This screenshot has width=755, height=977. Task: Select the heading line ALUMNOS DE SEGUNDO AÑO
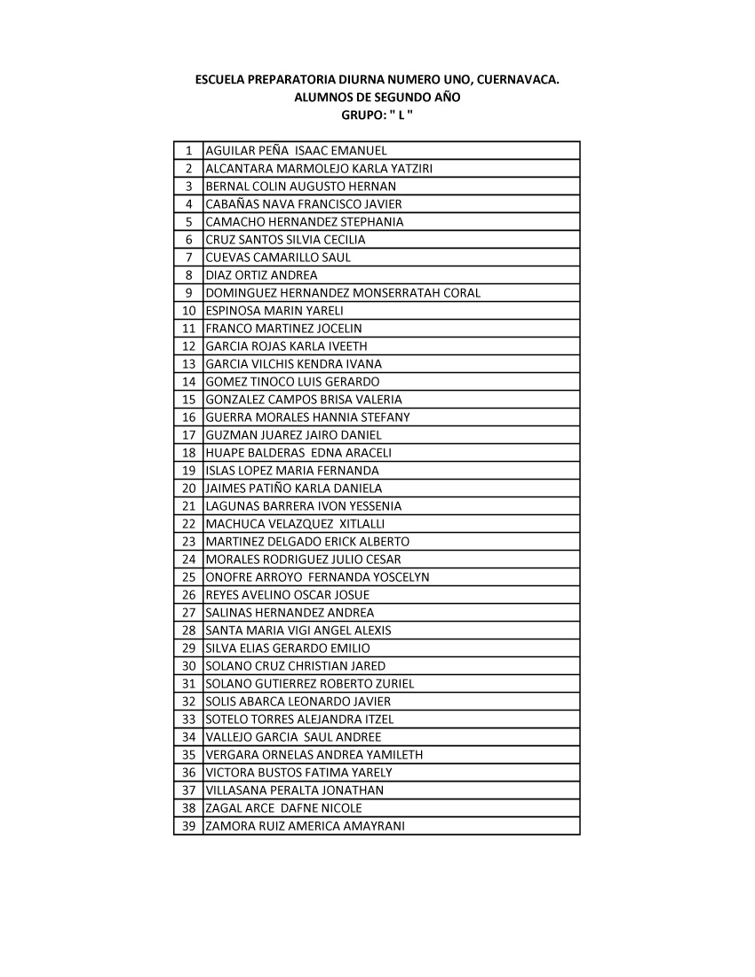(377, 98)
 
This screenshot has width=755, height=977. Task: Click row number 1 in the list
(189, 151)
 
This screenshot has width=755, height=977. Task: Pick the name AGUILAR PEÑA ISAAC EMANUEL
(296, 151)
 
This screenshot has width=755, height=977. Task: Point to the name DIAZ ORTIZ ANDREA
(261, 275)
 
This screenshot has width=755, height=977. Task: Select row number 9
(189, 293)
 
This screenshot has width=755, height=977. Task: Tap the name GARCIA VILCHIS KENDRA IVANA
(293, 364)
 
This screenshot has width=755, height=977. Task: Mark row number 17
(188, 435)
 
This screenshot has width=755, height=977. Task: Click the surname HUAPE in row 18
(224, 453)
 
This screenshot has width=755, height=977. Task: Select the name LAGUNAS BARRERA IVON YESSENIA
(303, 506)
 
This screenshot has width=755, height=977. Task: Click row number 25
(188, 577)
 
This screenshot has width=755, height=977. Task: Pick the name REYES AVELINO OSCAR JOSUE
(287, 595)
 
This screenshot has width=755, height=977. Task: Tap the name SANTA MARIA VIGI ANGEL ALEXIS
(298, 631)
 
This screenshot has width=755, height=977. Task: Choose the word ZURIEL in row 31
(393, 684)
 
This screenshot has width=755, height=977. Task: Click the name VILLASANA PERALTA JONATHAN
(294, 790)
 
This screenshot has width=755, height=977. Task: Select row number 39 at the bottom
(188, 826)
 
